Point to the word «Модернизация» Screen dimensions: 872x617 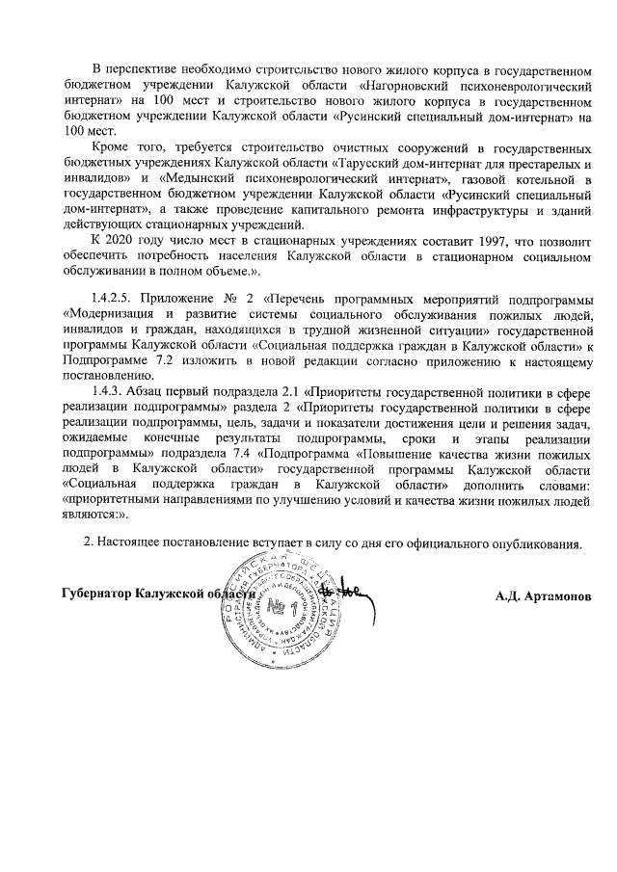[105, 314]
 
